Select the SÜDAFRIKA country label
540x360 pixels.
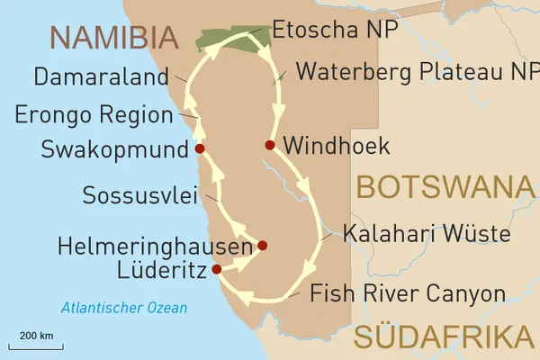tap(443, 337)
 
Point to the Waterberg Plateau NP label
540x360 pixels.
tap(417, 71)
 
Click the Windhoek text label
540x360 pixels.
tap(336, 145)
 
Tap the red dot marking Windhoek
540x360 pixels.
tap(269, 145)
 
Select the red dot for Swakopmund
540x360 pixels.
tap(200, 148)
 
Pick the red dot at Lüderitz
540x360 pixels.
tap(216, 268)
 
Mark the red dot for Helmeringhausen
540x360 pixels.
tap(262, 245)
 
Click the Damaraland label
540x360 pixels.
tap(100, 76)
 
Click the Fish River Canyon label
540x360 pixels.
tap(407, 293)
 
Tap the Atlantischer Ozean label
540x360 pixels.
tap(124, 308)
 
